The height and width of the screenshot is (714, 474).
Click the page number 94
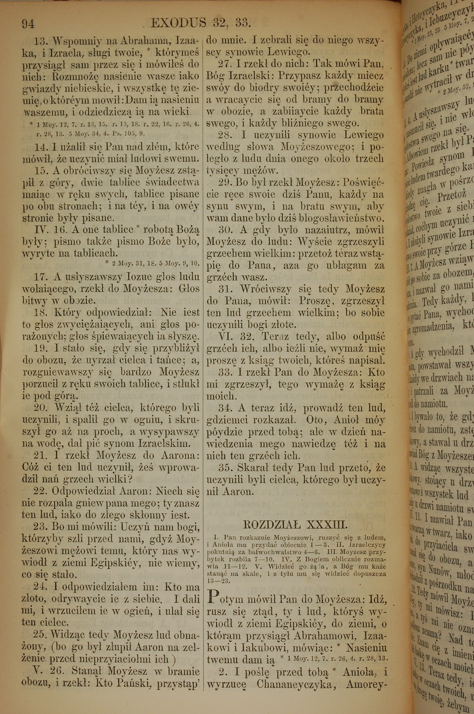pyautogui.click(x=29, y=23)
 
